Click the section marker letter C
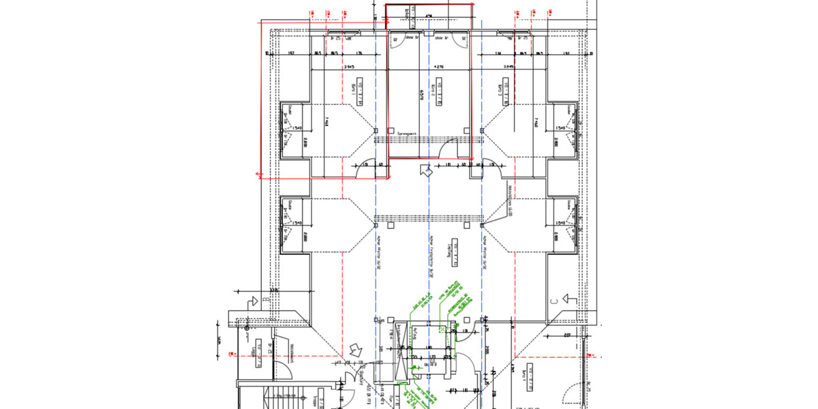click(554, 301)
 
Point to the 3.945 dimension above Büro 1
click(349, 67)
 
